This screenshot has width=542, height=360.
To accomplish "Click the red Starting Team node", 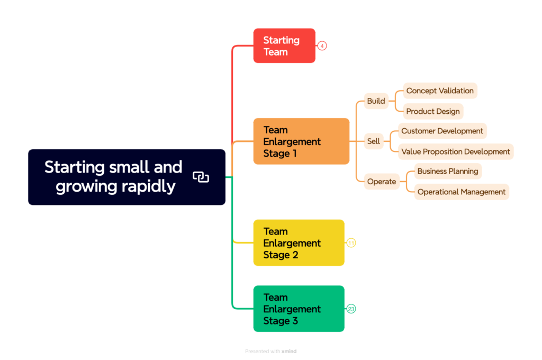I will (x=284, y=46).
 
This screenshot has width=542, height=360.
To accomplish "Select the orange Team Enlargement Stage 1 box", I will (x=301, y=141).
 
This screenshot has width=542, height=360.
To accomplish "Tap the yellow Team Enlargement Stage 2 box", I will (x=299, y=243).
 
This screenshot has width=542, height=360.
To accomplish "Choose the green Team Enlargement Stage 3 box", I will (x=299, y=309).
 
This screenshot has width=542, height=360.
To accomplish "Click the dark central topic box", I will (x=127, y=177).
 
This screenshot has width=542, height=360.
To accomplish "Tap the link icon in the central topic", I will (x=201, y=177).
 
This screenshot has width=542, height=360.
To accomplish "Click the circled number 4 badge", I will (x=322, y=46).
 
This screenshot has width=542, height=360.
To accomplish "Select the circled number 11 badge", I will (x=351, y=243).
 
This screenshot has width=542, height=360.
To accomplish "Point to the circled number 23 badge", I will (x=351, y=309).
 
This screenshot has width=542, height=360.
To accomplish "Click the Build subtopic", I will (x=376, y=101).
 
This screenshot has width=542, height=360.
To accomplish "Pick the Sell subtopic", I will (x=374, y=141).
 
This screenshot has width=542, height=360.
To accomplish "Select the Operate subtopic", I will (x=382, y=182).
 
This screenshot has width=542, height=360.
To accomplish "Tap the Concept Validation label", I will (x=440, y=91).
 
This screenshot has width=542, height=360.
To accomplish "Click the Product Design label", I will (x=433, y=111).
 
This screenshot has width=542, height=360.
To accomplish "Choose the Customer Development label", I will (x=442, y=131).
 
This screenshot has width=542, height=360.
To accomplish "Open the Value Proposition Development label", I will (x=455, y=151).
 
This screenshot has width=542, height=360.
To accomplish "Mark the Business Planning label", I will (x=448, y=171).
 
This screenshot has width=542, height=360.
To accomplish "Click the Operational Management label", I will (x=462, y=192).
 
